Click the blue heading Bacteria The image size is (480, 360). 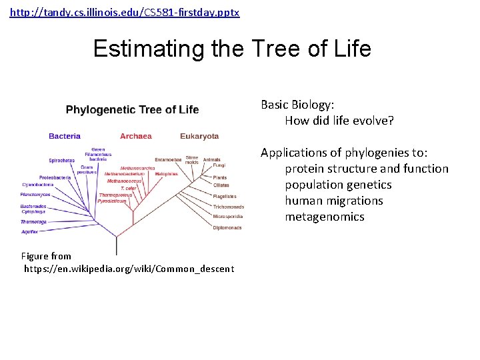click(65, 136)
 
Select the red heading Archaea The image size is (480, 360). click(136, 136)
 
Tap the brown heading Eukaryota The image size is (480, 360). click(199, 136)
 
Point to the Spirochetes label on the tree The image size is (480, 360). click(61, 161)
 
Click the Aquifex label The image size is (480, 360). click(29, 232)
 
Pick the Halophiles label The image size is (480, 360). click(167, 174)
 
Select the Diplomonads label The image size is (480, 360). click(227, 228)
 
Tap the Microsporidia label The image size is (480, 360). click(228, 217)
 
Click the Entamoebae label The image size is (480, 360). click(168, 160)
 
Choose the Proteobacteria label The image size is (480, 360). click(55, 178)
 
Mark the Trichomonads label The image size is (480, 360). click(228, 207)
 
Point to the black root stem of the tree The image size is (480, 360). click(117, 245)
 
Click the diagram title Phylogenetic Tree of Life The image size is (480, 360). click(132, 109)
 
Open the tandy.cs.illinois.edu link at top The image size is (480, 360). click(125, 13)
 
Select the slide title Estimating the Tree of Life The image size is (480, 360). click(232, 49)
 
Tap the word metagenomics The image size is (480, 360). click(325, 217)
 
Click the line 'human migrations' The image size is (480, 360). click(334, 201)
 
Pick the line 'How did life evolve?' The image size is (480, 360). click(339, 121)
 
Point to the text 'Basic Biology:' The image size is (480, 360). click(297, 105)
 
